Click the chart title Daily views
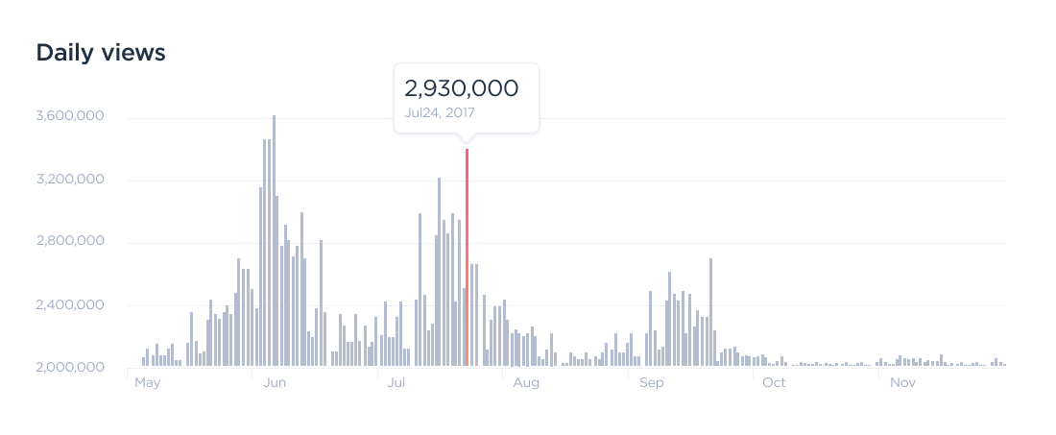click(101, 53)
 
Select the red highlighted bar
click(467, 257)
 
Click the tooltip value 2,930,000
click(462, 88)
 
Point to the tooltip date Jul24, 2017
click(440, 112)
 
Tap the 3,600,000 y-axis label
click(69, 117)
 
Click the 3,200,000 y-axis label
click(69, 180)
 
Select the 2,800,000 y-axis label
click(69, 242)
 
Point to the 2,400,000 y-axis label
click(69, 305)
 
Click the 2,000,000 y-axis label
click(69, 368)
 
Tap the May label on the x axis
click(147, 382)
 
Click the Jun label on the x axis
click(275, 382)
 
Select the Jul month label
click(397, 382)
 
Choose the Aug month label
click(526, 382)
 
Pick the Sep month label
click(652, 382)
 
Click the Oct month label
click(774, 382)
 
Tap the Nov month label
click(901, 382)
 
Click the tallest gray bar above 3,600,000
click(274, 240)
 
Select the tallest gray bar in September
click(710, 312)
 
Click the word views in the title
click(134, 53)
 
